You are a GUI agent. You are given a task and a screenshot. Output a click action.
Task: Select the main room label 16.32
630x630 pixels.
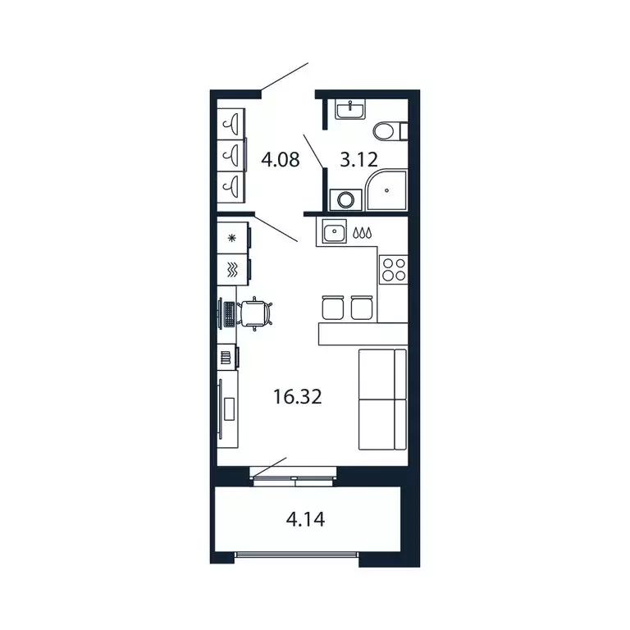click(x=297, y=399)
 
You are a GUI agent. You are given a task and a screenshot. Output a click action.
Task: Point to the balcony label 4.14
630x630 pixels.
click(x=304, y=519)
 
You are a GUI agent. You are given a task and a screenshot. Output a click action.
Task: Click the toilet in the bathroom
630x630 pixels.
click(x=388, y=130)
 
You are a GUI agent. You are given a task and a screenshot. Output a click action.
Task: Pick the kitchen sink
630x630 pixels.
click(x=335, y=233)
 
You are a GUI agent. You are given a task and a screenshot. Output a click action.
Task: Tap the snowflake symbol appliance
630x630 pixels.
click(x=232, y=239)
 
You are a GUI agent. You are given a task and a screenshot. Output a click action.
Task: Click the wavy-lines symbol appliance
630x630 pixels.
click(x=232, y=268)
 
